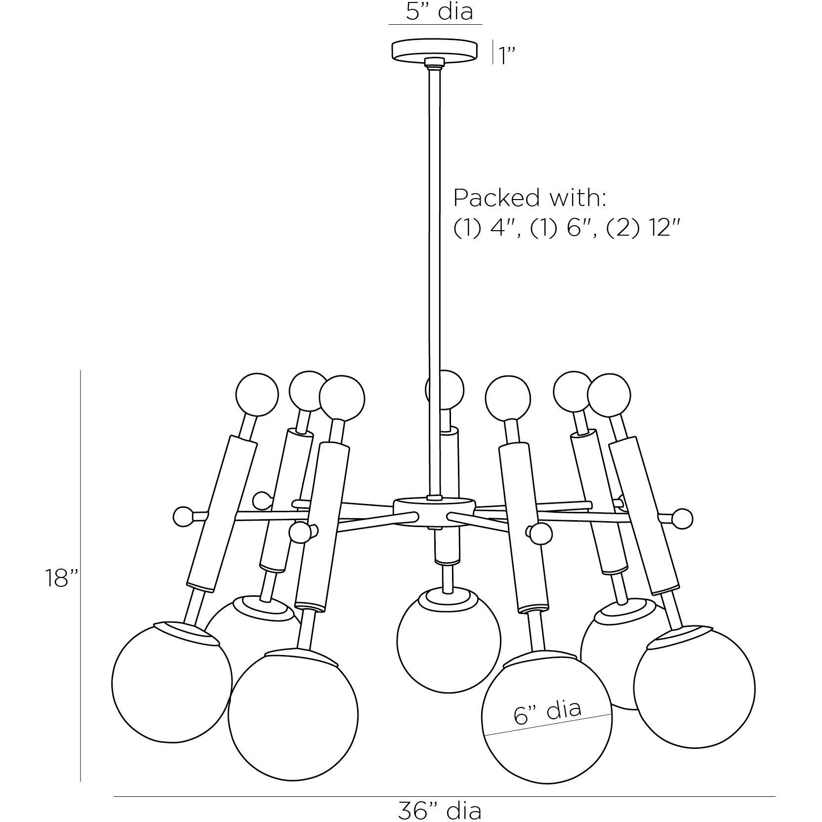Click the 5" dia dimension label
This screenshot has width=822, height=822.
click(439, 12)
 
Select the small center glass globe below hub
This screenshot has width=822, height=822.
click(448, 640)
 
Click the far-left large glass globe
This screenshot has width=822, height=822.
click(171, 682)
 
